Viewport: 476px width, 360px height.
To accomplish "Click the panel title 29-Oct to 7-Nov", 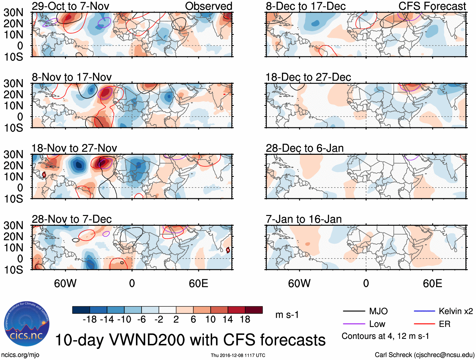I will [x=70, y=6].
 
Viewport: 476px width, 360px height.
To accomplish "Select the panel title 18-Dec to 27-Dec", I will [x=308, y=77].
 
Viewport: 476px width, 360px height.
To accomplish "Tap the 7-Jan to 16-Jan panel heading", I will [x=304, y=219].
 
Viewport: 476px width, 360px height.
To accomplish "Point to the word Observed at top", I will [x=209, y=6].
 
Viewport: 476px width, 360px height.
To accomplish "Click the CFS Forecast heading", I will [x=432, y=6].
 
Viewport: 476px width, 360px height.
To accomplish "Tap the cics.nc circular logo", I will [x=27, y=324].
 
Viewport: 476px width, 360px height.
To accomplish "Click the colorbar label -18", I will [x=90, y=320].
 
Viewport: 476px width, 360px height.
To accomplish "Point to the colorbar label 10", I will [x=210, y=320].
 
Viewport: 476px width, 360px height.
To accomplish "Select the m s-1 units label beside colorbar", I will [x=287, y=315].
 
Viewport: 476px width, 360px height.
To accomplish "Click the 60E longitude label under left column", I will [x=198, y=283].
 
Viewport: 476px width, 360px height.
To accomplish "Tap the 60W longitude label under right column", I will [x=299, y=283].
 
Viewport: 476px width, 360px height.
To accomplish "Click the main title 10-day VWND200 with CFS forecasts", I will [x=190, y=340].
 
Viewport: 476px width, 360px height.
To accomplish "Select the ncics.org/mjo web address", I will [x=20, y=355].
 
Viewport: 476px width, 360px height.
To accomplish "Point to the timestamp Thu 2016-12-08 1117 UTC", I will [x=238, y=355].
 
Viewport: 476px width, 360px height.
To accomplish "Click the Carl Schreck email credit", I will [x=424, y=355].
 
